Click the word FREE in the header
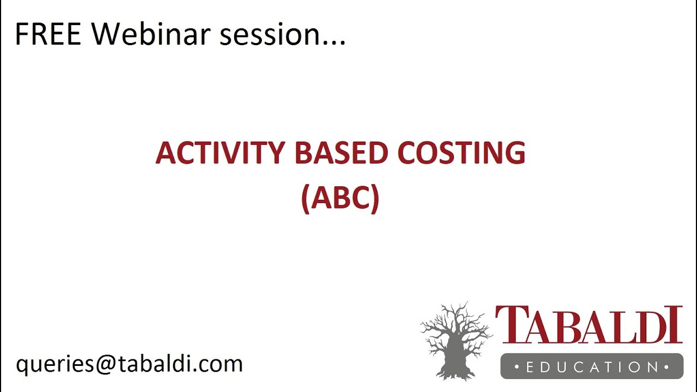pyautogui.click(x=48, y=34)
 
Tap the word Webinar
pyautogui.click(x=150, y=34)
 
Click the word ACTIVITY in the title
pyautogui.click(x=219, y=153)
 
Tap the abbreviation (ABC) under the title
pyautogui.click(x=340, y=198)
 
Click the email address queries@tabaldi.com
pyautogui.click(x=129, y=364)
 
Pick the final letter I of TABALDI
pyautogui.click(x=676, y=325)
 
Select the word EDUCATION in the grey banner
pyautogui.click(x=591, y=367)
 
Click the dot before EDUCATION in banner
pyautogui.click(x=516, y=367)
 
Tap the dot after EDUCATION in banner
pyautogui.click(x=667, y=367)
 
